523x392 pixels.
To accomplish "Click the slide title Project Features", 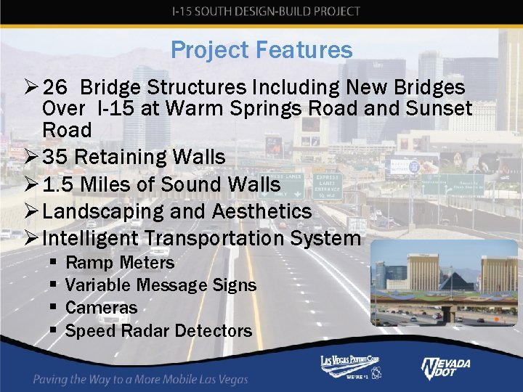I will pos(261,50).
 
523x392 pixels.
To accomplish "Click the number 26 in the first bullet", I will pos(55,88).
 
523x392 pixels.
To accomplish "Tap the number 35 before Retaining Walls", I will pos(55,157).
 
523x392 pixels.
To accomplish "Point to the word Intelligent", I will pos(90,238).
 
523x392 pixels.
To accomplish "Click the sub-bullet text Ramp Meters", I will pos(120,263).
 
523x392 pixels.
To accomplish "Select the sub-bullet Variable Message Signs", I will pos(161,285).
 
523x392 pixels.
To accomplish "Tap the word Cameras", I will pos(101,308).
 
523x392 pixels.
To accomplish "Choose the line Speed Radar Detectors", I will pos(158,331).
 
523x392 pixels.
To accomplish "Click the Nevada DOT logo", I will pos(446,368).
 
